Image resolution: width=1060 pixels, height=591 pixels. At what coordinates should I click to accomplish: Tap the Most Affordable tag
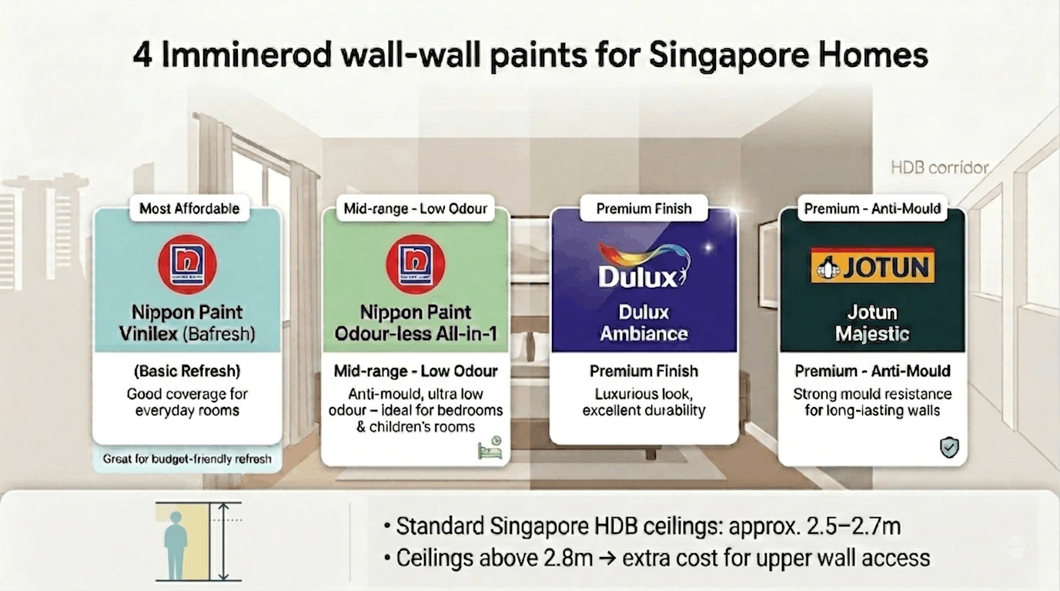point(189,208)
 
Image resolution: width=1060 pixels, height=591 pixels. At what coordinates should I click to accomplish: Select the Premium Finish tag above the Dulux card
point(644,209)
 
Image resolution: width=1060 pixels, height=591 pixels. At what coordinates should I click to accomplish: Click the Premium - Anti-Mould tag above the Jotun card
point(872,209)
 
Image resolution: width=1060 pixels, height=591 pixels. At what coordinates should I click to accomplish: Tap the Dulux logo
point(644,265)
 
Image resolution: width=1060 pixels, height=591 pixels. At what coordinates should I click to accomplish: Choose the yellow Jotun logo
point(872,265)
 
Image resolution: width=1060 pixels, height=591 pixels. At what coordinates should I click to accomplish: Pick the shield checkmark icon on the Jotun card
point(949,447)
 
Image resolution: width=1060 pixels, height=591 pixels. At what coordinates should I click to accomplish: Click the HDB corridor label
point(939,167)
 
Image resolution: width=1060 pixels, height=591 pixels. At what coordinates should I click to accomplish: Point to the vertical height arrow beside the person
point(223,541)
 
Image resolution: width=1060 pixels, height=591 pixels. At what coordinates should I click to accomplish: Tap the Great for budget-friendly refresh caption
point(187,459)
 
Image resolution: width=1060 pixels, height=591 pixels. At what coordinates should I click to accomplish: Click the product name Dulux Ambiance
point(644,323)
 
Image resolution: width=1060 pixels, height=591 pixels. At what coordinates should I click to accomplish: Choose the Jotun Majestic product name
point(872,323)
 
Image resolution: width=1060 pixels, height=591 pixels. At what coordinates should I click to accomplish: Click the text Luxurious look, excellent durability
point(644,402)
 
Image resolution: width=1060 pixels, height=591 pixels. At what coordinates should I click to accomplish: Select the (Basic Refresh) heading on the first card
point(187,371)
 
